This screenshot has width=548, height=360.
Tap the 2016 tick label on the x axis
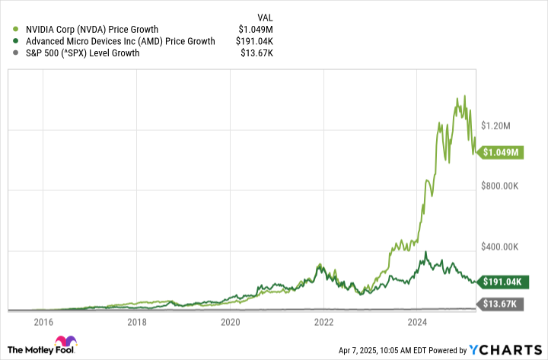click(43, 322)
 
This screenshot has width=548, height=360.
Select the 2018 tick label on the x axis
click(136, 322)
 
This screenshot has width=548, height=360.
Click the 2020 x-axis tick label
click(230, 322)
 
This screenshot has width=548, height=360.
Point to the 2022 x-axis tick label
click(323, 322)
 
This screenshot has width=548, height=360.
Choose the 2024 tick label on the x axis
click(417, 322)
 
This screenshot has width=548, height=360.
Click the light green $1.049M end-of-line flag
click(504, 152)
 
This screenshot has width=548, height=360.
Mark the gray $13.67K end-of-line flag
click(502, 304)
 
